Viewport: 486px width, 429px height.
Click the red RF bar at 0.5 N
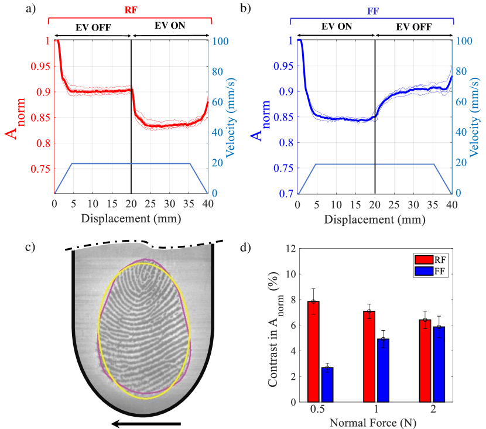[314, 351]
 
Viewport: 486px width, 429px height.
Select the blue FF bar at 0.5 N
[327, 385]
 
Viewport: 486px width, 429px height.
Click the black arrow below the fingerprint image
[146, 423]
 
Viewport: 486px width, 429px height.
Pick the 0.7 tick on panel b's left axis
[286, 193]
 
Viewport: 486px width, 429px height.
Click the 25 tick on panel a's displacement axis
[150, 204]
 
